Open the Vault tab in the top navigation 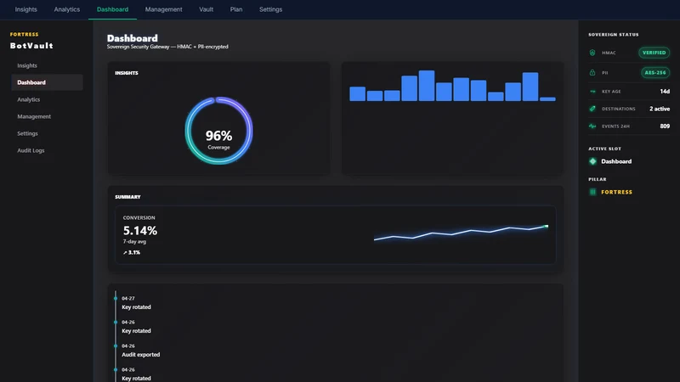click(206, 9)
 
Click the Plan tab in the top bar click(236, 9)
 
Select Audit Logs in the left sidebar click(31, 150)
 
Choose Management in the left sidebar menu click(34, 116)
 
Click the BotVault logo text click(31, 46)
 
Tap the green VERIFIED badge click(654, 53)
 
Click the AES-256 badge click(655, 72)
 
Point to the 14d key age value click(665, 92)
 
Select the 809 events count click(665, 126)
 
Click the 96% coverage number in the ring click(218, 136)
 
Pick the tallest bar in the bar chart click(427, 86)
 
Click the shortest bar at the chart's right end click(547, 99)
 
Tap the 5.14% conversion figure click(140, 230)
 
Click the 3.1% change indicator click(132, 252)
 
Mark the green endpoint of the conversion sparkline click(547, 226)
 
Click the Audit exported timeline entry click(140, 354)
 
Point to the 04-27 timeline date click(128, 299)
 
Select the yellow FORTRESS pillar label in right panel click(617, 192)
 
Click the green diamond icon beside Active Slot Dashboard click(592, 161)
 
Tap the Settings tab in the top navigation click(270, 9)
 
